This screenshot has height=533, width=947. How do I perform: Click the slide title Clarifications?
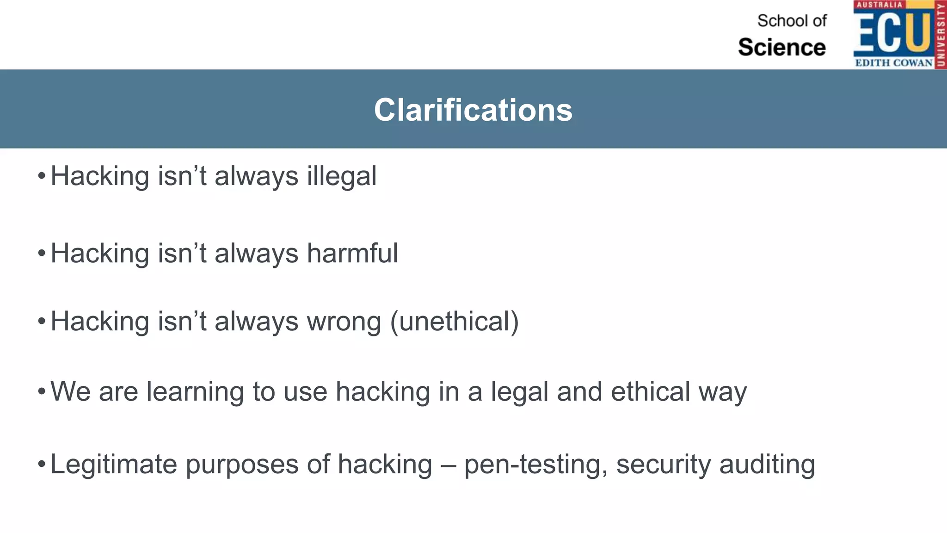[473, 110]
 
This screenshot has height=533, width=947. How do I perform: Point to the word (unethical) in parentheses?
[454, 322]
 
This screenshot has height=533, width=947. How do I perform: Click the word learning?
[195, 392]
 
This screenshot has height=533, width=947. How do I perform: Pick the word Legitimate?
[114, 465]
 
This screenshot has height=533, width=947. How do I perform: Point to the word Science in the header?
[782, 47]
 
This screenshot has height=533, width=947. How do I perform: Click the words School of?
[792, 21]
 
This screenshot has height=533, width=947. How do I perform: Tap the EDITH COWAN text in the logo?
[893, 63]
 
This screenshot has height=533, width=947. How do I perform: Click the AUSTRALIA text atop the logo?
[879, 5]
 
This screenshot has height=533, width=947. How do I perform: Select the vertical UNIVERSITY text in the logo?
[941, 35]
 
